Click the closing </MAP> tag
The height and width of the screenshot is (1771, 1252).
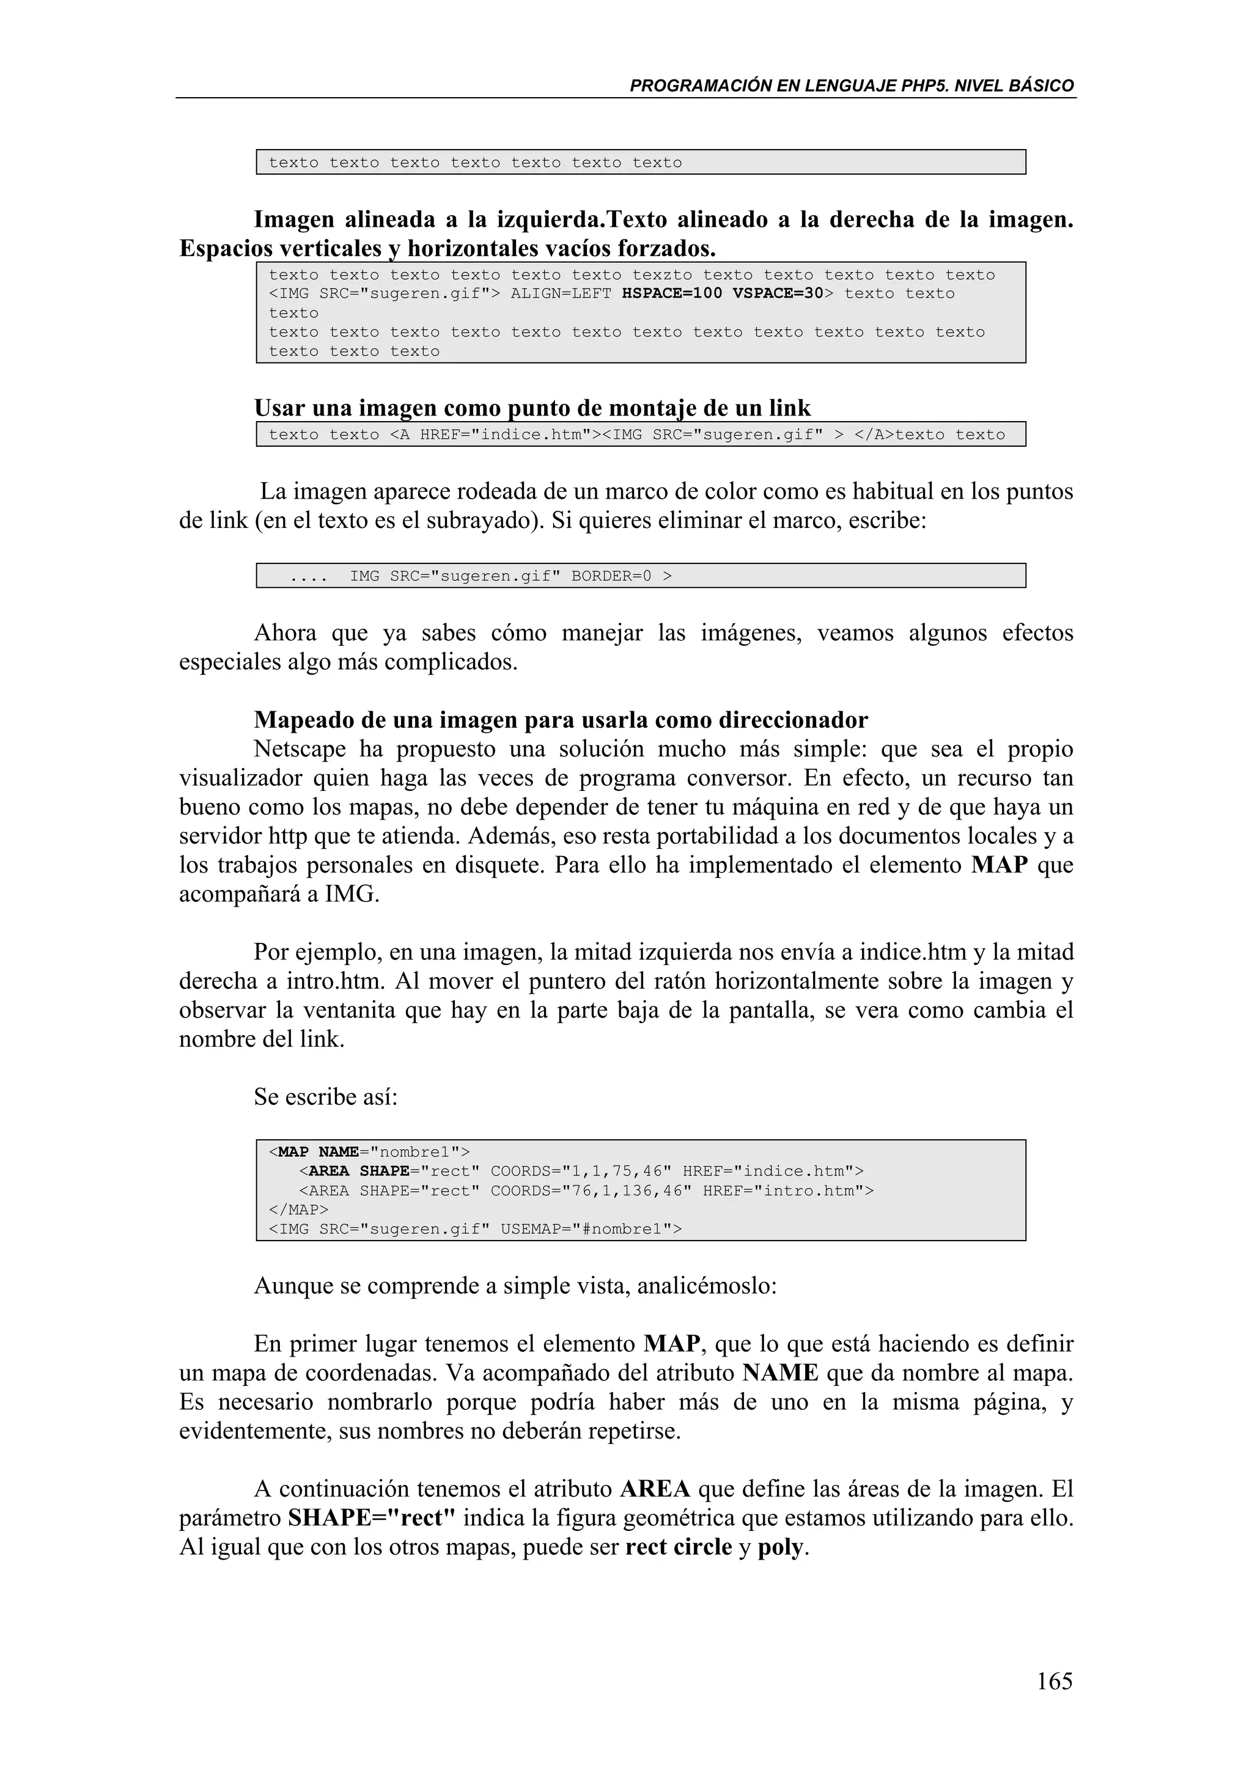(298, 1209)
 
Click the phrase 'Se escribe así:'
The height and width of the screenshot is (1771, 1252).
(326, 1097)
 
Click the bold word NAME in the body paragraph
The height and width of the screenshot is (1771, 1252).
(780, 1374)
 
